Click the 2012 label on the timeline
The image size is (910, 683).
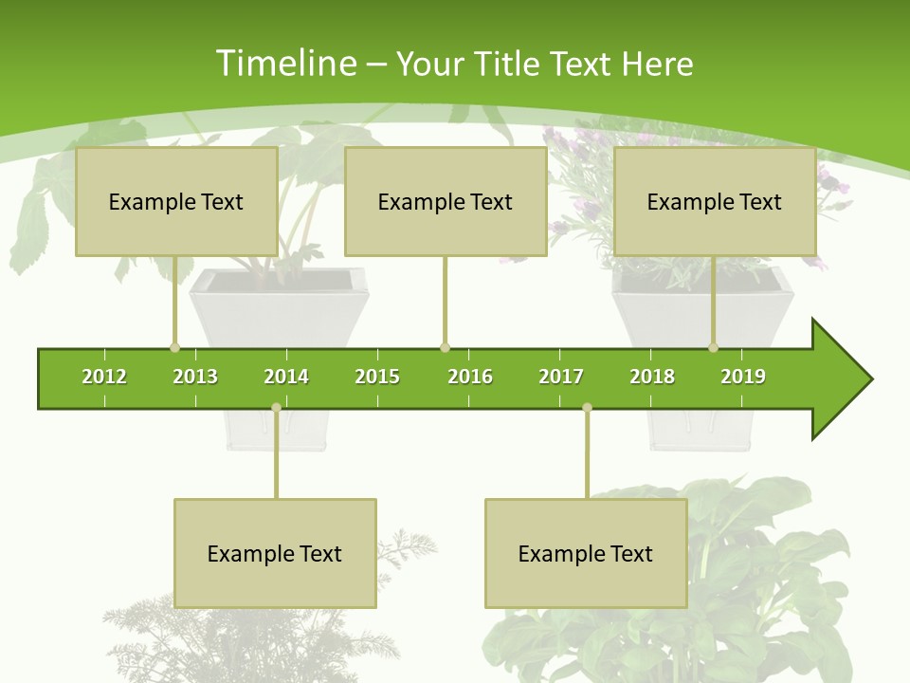(x=104, y=377)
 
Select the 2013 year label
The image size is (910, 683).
(x=195, y=377)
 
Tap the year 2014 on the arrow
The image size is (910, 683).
(x=286, y=377)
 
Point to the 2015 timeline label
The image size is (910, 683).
(x=377, y=377)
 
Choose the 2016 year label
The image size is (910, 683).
(x=470, y=377)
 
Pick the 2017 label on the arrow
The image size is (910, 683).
(x=561, y=377)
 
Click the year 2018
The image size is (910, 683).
(x=652, y=377)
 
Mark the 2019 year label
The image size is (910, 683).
(x=743, y=377)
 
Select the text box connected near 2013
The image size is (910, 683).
(x=176, y=201)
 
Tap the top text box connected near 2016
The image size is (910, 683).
(x=446, y=201)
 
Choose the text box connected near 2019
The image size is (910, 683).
(x=715, y=201)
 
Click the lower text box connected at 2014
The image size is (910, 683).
(x=275, y=553)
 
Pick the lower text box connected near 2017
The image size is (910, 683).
(x=586, y=553)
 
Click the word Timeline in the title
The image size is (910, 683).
(x=284, y=64)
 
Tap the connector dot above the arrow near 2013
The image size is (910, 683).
(x=174, y=347)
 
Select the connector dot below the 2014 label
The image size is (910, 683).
(x=276, y=408)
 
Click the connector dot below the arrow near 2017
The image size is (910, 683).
(x=587, y=408)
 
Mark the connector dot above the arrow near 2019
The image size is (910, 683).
(x=714, y=347)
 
